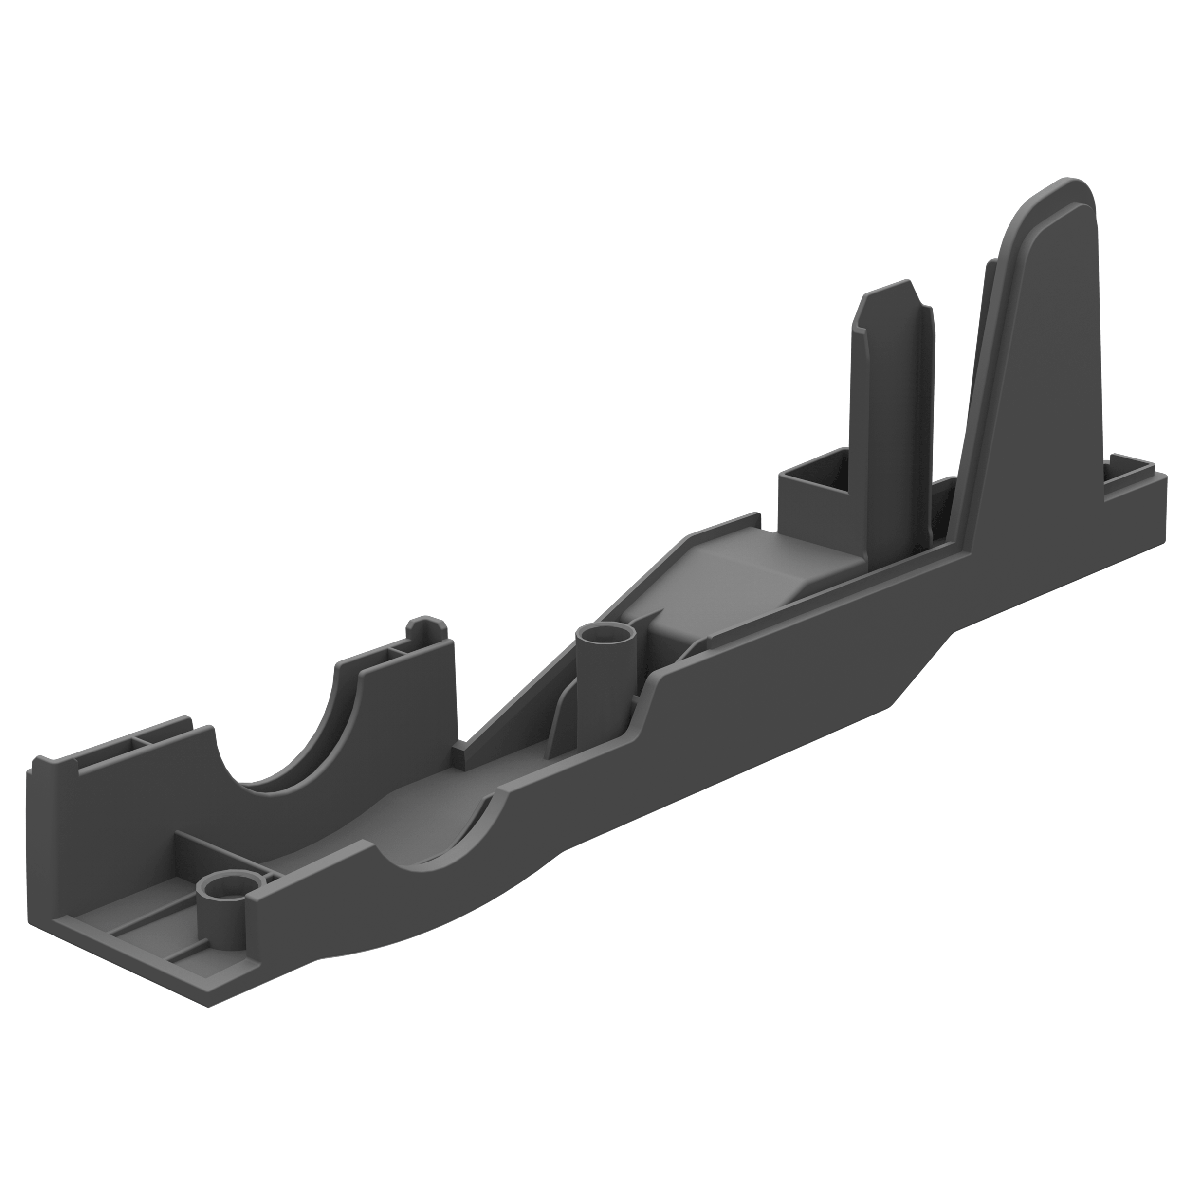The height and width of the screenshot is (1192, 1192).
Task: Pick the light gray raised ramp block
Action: [x=759, y=574]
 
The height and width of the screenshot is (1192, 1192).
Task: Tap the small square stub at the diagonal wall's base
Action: [x=459, y=755]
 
